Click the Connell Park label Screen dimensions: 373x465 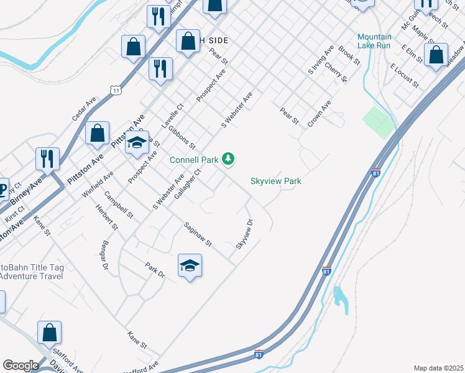point(194,160)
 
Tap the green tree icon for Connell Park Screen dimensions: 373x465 point(229,160)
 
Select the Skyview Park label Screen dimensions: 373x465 point(275,181)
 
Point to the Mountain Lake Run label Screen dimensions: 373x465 point(374,41)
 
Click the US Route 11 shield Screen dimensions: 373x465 point(116,91)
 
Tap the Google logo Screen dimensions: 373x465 point(20,366)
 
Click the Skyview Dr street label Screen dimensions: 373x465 point(244,234)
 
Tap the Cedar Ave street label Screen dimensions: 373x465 point(85,108)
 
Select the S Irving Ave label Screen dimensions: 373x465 point(321,61)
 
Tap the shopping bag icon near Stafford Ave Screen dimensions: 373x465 point(49,333)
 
